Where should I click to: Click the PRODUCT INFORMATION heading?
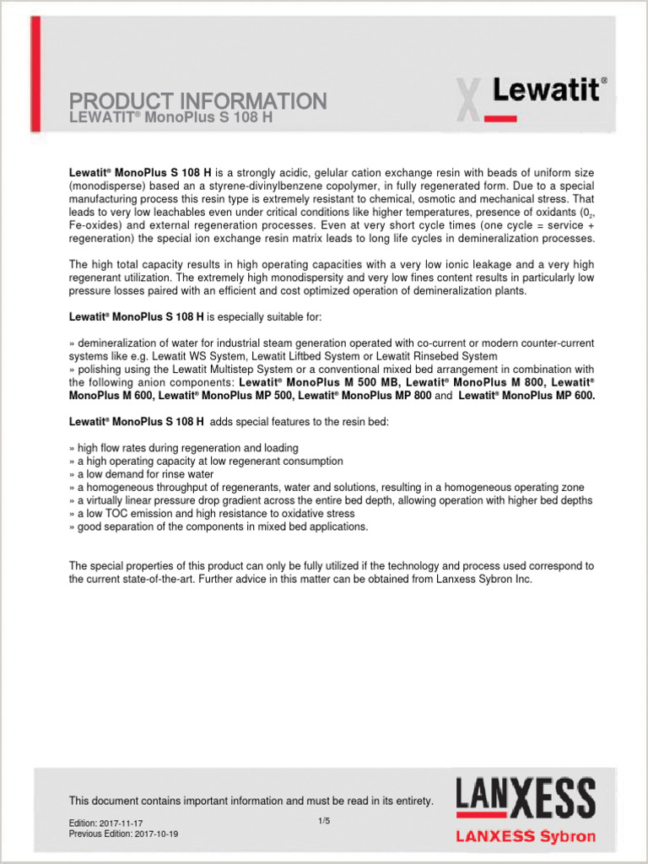197,101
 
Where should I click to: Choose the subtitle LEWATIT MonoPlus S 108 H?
170,117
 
